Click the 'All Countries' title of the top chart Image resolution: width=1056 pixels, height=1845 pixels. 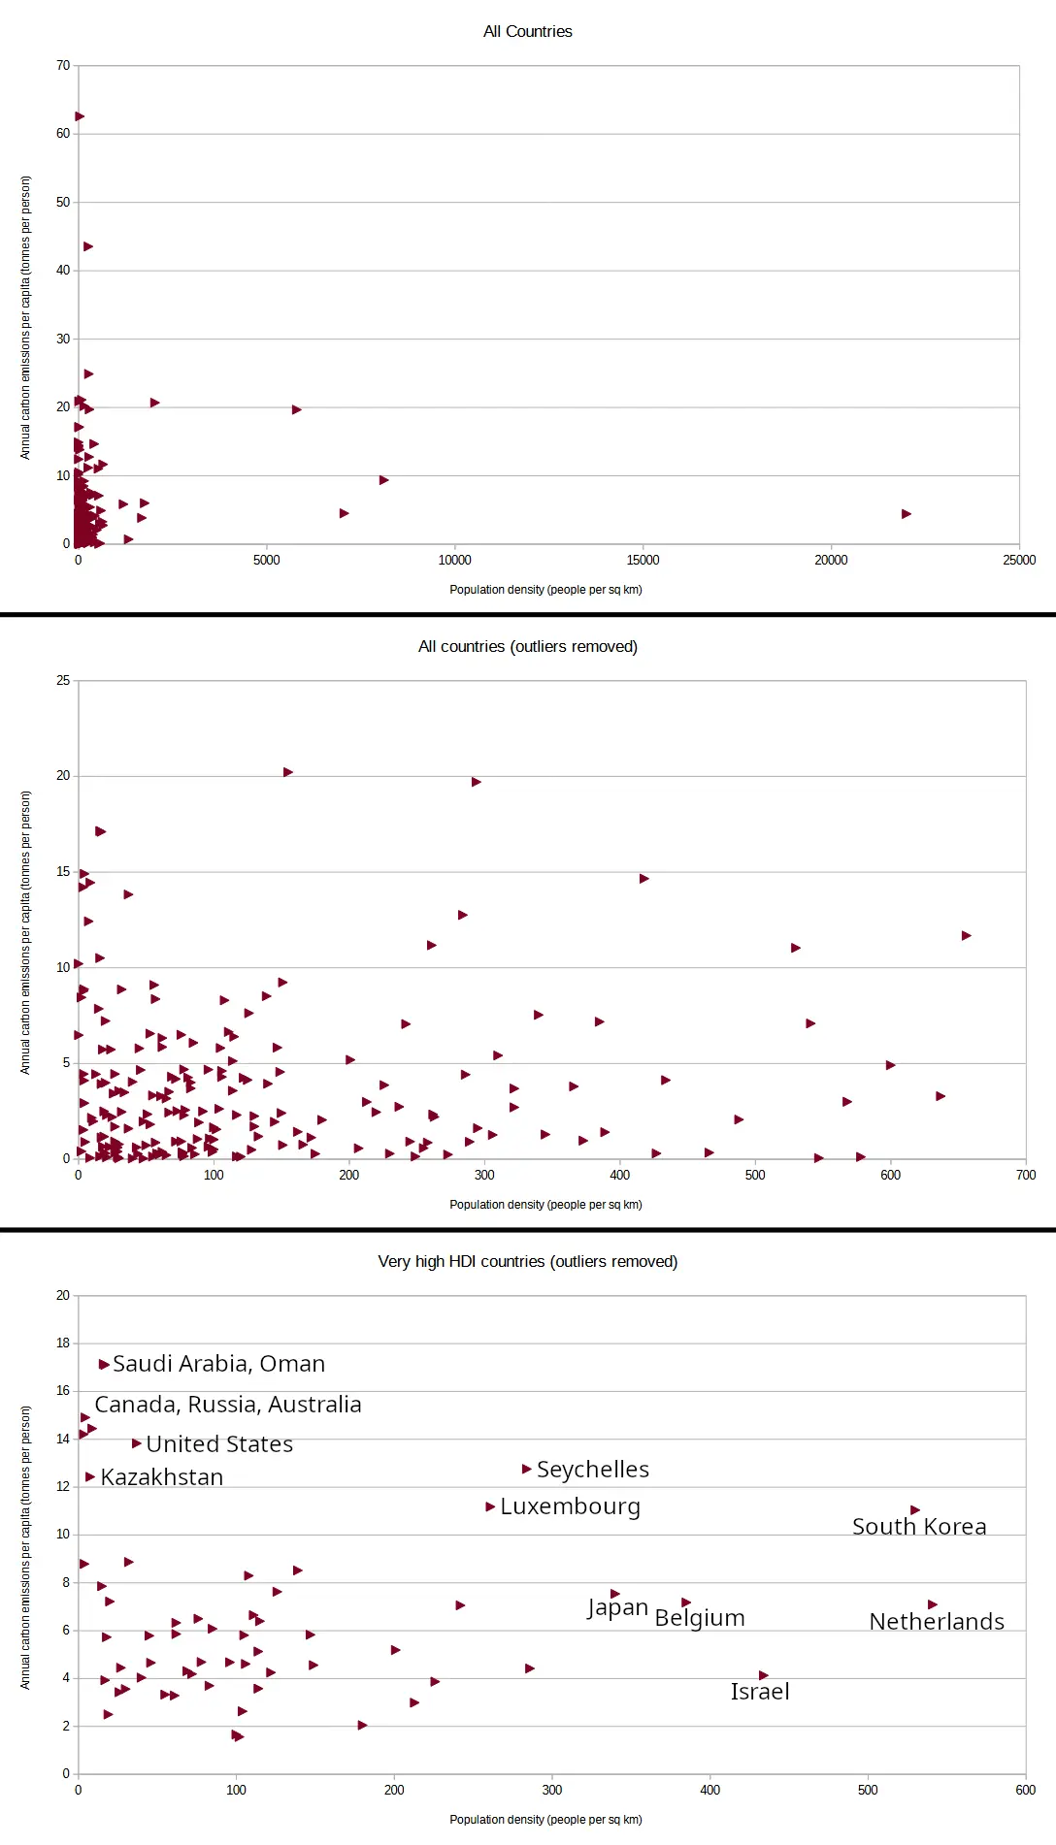[x=527, y=31]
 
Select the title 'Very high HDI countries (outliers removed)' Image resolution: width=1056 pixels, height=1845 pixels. [x=527, y=1261]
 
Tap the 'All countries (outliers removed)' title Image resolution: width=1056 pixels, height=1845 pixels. [x=527, y=646]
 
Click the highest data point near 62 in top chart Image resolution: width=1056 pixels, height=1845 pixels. [x=80, y=116]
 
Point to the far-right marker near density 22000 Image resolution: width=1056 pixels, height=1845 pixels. [x=906, y=514]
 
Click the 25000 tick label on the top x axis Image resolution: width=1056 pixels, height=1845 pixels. [x=1018, y=560]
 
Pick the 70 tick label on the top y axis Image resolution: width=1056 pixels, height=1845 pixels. [x=63, y=66]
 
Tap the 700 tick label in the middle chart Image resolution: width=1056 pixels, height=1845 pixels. [x=1025, y=1175]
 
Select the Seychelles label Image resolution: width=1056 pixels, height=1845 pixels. [x=592, y=1470]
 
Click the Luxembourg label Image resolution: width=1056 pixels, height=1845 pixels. [x=570, y=1506]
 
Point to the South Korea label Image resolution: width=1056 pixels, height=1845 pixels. [x=918, y=1527]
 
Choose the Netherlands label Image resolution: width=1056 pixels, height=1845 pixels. [x=936, y=1622]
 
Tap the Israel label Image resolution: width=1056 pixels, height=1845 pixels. [x=759, y=1692]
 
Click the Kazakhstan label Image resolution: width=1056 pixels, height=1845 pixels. [x=161, y=1477]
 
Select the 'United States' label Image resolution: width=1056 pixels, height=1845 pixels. [x=219, y=1444]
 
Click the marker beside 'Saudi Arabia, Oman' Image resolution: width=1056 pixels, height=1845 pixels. [x=104, y=1365]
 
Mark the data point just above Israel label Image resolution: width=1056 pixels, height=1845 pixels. [x=763, y=1675]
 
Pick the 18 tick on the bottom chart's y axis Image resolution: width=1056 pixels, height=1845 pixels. [x=63, y=1343]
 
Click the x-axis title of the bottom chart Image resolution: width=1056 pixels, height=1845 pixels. [x=545, y=1820]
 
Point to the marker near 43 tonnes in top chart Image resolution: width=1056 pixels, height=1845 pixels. [x=88, y=246]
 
